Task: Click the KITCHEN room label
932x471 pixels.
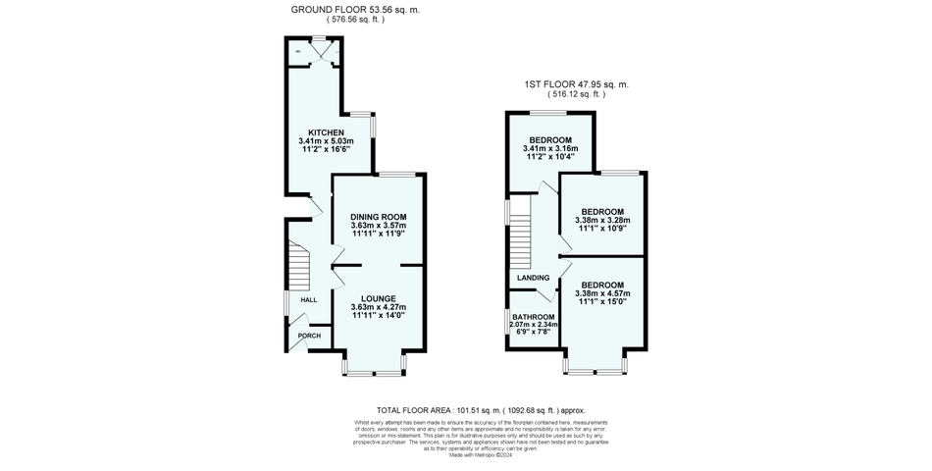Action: [x=326, y=132]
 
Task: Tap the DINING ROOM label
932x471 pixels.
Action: [x=378, y=217]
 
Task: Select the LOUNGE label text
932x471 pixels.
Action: [x=378, y=298]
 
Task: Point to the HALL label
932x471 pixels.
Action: [x=308, y=299]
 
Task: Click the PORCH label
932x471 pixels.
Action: [x=309, y=337]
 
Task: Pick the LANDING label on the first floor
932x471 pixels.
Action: [x=533, y=278]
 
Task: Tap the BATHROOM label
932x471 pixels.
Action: [x=534, y=317]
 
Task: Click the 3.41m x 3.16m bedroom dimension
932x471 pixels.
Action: [x=550, y=148]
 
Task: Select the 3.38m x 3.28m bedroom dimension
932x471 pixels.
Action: [x=602, y=221]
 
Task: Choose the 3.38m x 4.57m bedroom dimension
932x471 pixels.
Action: [x=602, y=293]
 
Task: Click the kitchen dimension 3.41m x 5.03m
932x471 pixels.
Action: [x=326, y=141]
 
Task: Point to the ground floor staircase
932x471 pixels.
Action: [x=299, y=263]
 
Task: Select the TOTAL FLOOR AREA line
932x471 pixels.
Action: [x=465, y=409]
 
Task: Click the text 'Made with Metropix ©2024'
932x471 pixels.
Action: [x=466, y=454]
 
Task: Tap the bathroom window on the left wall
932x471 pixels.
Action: [x=508, y=323]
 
